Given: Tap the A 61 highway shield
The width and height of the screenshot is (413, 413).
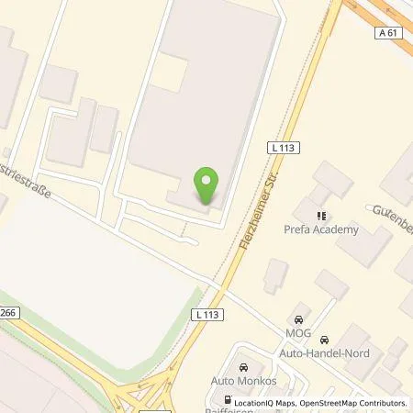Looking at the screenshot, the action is point(389,33).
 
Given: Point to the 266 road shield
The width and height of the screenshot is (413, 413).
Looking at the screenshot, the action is point(7,312).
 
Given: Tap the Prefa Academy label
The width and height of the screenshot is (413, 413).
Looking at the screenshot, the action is point(323,229).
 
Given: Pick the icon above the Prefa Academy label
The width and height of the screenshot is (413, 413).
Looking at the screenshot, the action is point(321,216).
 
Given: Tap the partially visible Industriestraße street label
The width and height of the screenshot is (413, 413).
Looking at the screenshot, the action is point(26,184).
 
